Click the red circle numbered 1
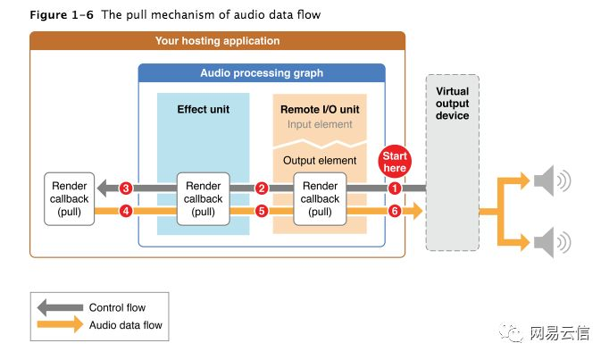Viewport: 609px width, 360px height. pos(395,188)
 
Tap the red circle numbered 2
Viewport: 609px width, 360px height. pos(262,188)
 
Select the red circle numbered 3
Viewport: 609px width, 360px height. pos(126,188)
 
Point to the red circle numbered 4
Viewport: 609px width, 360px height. pos(126,212)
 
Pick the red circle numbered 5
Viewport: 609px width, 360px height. pos(262,212)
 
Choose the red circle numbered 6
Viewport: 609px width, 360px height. pos(395,212)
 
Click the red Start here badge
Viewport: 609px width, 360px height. pos(395,161)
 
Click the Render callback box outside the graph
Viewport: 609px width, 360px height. pos(69,199)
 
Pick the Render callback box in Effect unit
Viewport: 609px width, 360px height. pos(204,199)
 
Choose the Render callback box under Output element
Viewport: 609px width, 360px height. pos(321,199)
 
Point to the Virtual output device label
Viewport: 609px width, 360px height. pos(452,104)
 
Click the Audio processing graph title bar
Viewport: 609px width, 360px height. pos(262,72)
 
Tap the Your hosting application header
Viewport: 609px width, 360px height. pos(217,40)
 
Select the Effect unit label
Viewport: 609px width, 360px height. pos(204,110)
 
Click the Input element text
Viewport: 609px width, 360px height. pos(320,124)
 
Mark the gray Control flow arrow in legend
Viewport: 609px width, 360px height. pos(59,308)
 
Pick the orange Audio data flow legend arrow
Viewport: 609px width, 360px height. pos(59,325)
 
